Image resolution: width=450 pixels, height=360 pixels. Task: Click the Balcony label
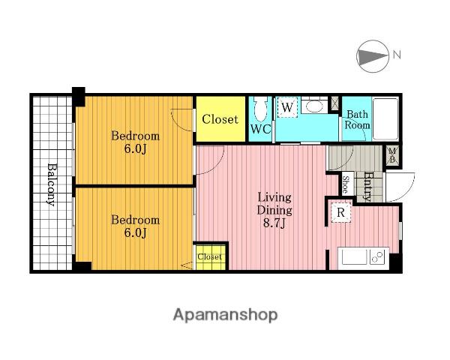51,184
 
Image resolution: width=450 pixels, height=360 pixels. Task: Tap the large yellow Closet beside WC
220,118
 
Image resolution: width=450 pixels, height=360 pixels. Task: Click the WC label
260,129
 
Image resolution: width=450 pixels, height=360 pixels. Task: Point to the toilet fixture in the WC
260,109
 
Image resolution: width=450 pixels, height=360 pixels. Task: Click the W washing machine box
287,108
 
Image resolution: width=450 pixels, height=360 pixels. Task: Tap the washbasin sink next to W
314,106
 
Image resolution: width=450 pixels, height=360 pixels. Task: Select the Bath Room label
357,119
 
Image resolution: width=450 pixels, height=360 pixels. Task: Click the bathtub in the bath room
385,118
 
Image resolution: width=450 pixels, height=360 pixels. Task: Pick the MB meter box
392,155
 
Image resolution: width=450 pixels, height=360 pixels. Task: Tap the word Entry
367,186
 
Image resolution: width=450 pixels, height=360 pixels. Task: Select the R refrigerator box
341,213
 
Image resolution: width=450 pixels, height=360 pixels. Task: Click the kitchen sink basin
354,257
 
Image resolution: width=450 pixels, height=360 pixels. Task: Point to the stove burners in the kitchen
378,256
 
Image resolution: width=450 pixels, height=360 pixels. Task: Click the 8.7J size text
274,223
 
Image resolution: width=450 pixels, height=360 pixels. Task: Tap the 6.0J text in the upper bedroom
136,148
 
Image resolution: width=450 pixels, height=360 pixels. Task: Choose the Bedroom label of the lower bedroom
136,220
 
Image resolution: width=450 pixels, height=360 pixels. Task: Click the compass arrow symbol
372,56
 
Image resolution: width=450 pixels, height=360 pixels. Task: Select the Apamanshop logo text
225,315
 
